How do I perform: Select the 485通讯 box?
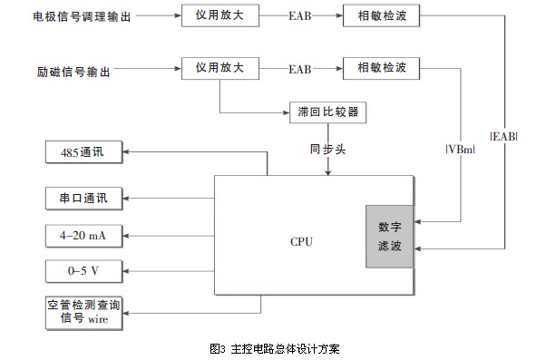click(x=83, y=152)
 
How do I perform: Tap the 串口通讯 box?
click(x=83, y=197)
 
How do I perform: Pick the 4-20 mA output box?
click(x=83, y=235)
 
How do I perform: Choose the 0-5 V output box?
click(x=83, y=270)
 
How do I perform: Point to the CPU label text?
click(x=303, y=241)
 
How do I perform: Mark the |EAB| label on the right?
click(x=503, y=137)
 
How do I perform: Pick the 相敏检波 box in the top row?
click(x=382, y=15)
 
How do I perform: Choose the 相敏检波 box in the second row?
click(x=382, y=67)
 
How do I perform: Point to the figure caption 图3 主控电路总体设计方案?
click(x=273, y=347)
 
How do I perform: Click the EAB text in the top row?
click(x=300, y=16)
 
